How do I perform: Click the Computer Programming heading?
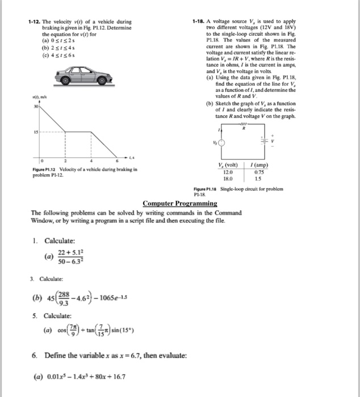[180, 203]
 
